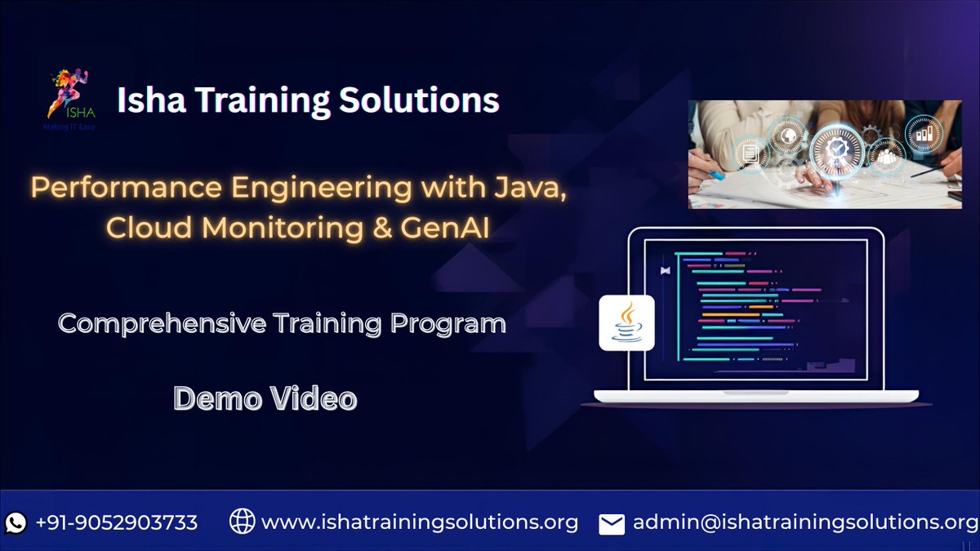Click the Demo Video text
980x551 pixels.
[x=265, y=398]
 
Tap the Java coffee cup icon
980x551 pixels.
[x=626, y=322]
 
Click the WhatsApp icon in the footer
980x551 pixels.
[x=16, y=522]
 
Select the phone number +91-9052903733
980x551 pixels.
[x=117, y=522]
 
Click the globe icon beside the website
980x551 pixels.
[x=242, y=522]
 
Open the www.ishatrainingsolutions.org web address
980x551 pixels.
[x=420, y=522]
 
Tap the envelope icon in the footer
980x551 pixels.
[x=612, y=524]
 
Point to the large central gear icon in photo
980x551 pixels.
[x=835, y=151]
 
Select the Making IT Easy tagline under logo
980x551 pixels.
[x=69, y=127]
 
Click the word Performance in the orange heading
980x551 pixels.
[x=126, y=188]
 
